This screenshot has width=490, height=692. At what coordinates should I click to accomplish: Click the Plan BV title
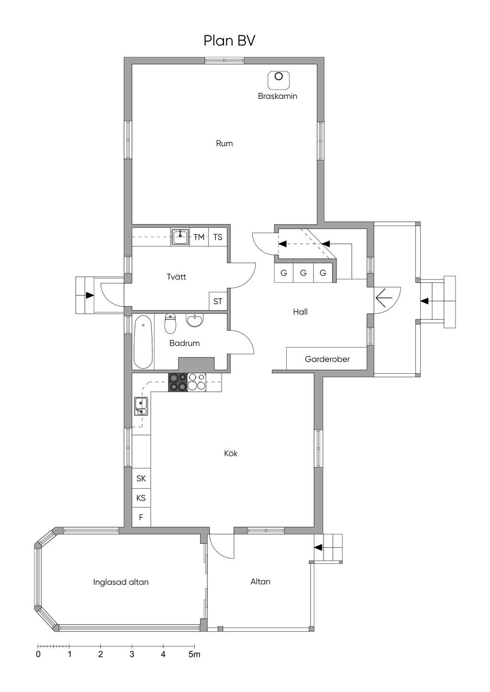(x=229, y=41)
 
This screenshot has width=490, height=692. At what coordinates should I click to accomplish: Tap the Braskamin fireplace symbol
(x=278, y=79)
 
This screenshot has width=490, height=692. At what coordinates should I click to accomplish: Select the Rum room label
(x=224, y=143)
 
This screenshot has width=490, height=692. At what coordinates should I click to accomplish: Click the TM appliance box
(x=199, y=237)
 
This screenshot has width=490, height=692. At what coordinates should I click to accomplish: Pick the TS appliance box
(x=218, y=237)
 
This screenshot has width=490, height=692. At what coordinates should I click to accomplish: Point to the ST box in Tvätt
(x=218, y=301)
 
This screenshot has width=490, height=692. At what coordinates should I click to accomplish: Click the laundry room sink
(x=180, y=237)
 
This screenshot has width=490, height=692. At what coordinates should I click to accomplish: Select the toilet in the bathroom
(x=170, y=324)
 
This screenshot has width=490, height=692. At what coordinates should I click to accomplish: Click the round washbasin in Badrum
(x=195, y=320)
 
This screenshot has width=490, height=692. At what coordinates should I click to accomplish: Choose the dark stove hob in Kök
(x=178, y=382)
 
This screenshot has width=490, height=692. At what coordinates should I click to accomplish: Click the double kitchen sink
(x=141, y=406)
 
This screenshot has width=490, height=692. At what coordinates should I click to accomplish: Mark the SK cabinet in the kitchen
(x=141, y=478)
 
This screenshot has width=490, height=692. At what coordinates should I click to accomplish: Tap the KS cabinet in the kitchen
(x=141, y=497)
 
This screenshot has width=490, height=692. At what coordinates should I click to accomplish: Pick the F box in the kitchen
(x=141, y=517)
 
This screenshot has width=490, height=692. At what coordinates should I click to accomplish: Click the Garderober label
(x=327, y=359)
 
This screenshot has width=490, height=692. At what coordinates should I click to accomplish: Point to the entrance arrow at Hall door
(x=384, y=298)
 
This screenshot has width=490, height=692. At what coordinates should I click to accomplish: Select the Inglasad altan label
(x=121, y=582)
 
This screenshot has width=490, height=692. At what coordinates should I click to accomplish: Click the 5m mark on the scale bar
(x=195, y=654)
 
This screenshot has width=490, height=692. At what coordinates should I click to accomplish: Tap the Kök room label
(x=231, y=453)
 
